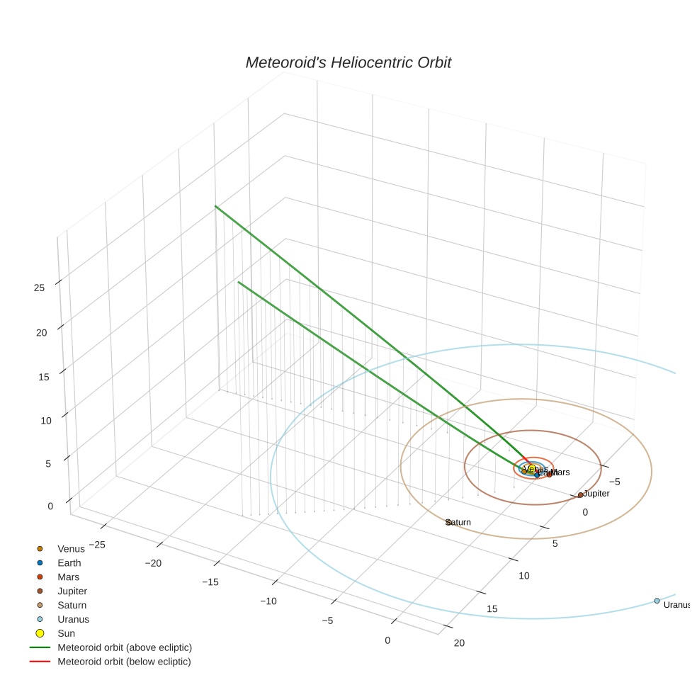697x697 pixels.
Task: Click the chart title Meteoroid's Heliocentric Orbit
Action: (348, 63)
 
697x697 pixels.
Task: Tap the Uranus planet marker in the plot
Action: (657, 601)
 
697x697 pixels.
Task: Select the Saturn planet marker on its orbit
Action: (448, 522)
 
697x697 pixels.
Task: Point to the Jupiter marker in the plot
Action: (580, 494)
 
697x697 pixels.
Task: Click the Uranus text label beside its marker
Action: (676, 605)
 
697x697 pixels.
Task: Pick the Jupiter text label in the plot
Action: (596, 493)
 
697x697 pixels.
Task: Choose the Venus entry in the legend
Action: (71, 548)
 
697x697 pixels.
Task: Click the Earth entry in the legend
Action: (69, 562)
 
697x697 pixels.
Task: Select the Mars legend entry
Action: (69, 577)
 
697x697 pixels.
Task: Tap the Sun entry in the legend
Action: (66, 633)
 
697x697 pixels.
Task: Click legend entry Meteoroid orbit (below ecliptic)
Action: (124, 662)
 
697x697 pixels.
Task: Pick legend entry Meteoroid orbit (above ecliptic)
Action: (125, 647)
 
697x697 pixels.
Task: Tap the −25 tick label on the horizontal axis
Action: (93, 544)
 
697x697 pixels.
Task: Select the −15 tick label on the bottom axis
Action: (210, 582)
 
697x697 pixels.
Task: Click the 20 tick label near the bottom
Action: (459, 642)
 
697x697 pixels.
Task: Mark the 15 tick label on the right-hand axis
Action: (492, 609)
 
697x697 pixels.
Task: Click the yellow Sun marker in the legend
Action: (40, 633)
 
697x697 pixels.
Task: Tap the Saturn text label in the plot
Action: (459, 522)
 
